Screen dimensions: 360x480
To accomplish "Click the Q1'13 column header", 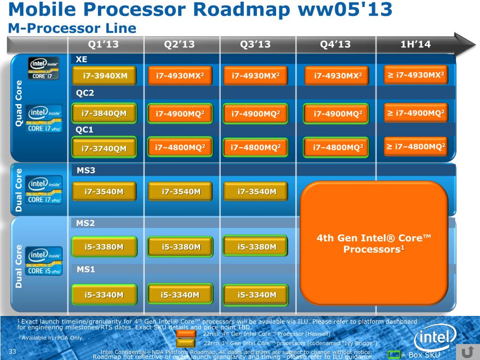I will tap(104, 45).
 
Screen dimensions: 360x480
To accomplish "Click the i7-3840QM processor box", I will tap(104, 113).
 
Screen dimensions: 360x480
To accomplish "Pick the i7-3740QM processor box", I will tap(104, 149).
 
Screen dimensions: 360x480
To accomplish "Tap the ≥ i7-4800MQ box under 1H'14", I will tap(415, 147).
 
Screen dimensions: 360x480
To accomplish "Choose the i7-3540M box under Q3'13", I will tap(256, 191).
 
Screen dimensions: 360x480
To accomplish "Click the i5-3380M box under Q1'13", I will tap(104, 247).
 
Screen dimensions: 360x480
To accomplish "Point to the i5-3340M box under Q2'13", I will tap(180, 295).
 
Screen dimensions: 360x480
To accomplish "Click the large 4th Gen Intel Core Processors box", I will tap(374, 243).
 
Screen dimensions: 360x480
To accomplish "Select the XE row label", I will tap(82, 60).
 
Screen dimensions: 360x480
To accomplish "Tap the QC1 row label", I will tap(85, 129).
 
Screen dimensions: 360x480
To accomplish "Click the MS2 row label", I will tap(85, 223).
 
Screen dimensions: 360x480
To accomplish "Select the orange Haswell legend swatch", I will tap(186, 334).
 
